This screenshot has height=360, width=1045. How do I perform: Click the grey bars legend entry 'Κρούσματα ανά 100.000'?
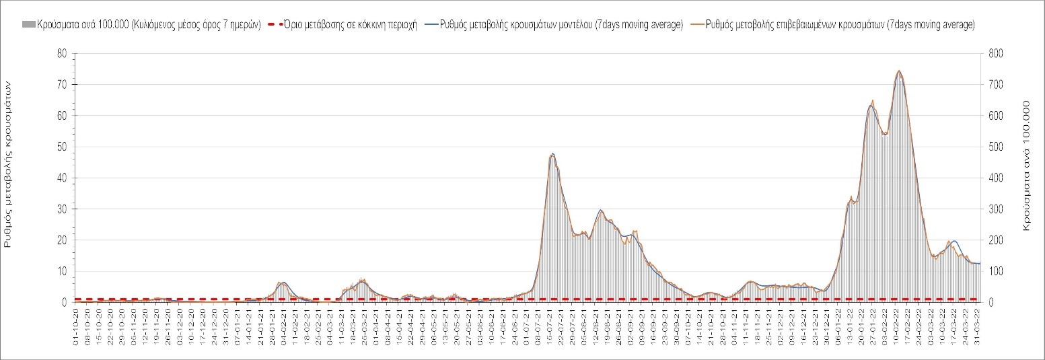pos(141,25)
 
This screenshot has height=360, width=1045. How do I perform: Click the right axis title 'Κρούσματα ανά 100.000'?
pos(1027,167)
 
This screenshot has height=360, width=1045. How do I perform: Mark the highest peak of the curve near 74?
pos(898,71)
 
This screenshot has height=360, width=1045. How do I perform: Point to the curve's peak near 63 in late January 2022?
pos(871,105)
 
